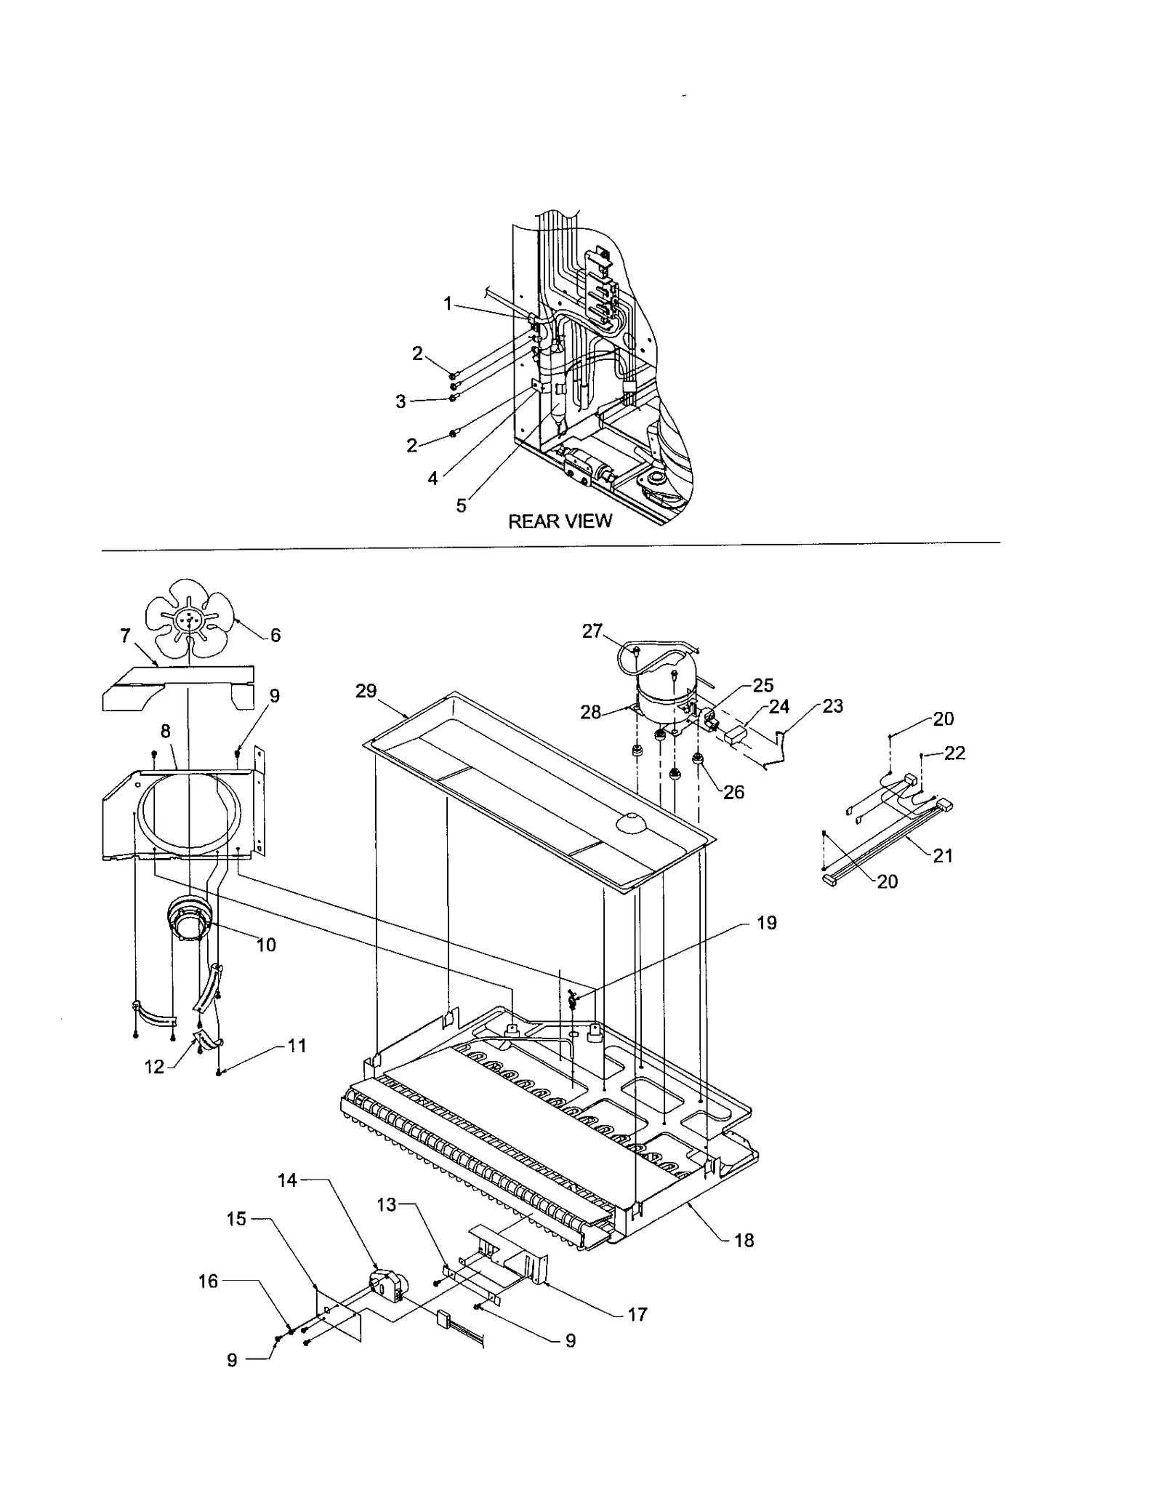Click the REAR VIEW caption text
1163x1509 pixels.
pos(560,521)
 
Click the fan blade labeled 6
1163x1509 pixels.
pos(190,619)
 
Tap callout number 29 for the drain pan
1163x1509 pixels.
pos(366,691)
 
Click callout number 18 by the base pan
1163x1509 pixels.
pos(744,1240)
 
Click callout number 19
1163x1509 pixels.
pos(767,923)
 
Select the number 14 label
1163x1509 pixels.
pos(288,1180)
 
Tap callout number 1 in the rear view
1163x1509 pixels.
pos(448,303)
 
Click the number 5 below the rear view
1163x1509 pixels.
pos(461,505)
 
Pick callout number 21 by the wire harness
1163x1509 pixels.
pos(943,856)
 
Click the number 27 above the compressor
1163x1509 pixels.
pos(592,631)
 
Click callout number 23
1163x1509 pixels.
pos(832,706)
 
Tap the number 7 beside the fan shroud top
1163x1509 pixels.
pos(125,636)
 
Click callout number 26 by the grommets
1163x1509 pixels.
pos(733,792)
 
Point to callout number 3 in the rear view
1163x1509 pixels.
pos(401,401)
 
